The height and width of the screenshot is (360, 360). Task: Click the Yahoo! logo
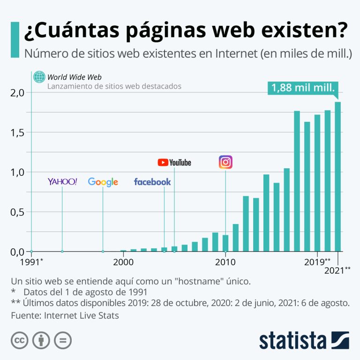click(62, 181)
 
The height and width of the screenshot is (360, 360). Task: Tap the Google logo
click(103, 182)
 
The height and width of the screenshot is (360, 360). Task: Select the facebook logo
click(152, 182)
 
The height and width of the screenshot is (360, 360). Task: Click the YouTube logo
click(174, 162)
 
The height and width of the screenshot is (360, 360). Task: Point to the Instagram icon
click(225, 162)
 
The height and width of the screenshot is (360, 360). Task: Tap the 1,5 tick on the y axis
click(17, 133)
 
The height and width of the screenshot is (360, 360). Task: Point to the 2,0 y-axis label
click(17, 92)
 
